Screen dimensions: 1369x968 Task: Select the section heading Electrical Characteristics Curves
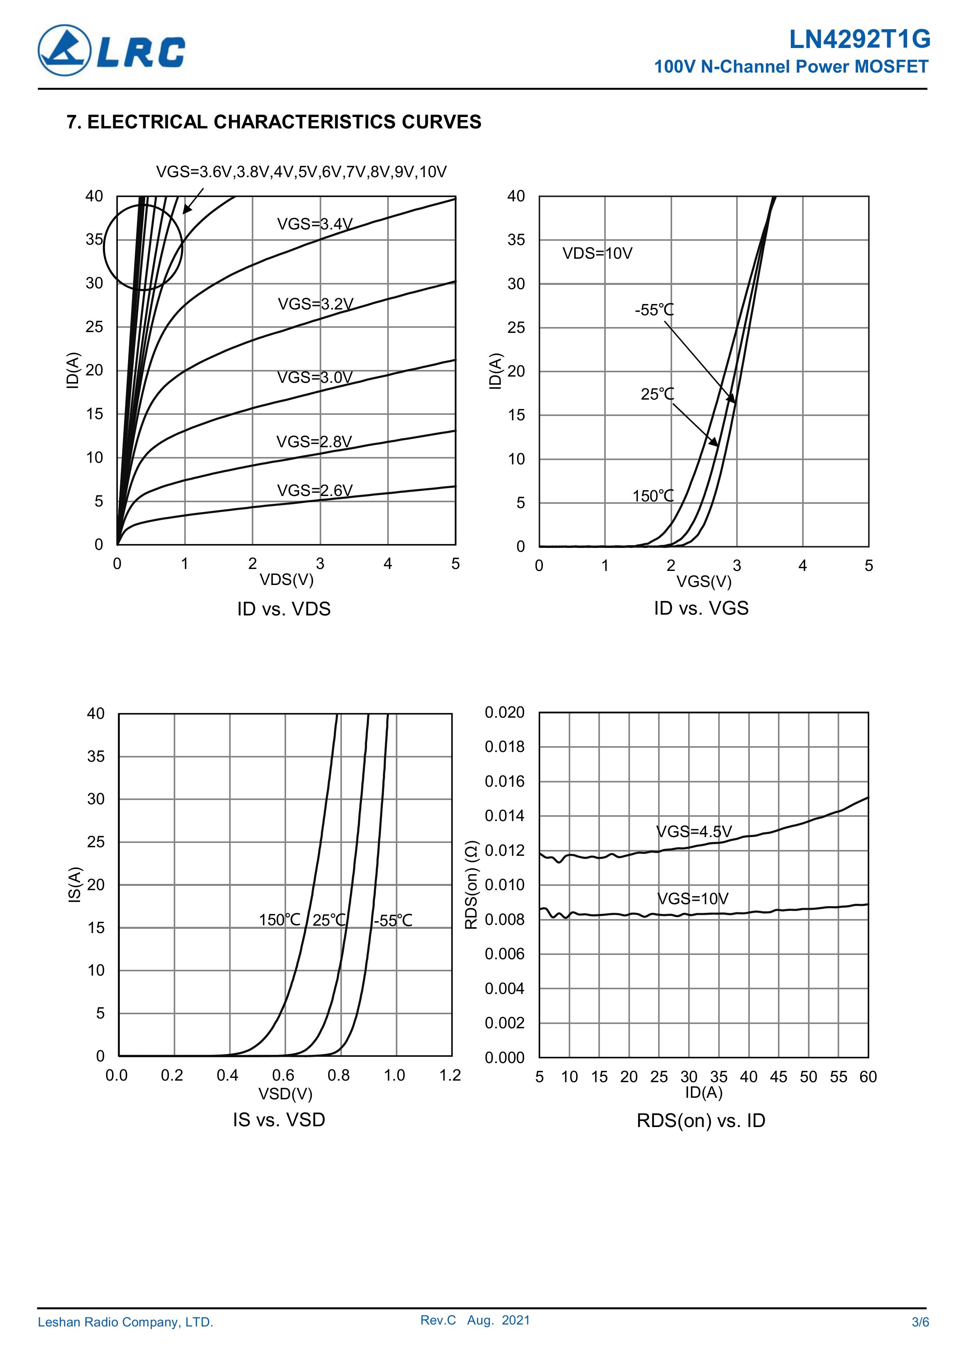pos(274,122)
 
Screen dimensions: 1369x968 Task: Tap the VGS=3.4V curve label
pos(315,224)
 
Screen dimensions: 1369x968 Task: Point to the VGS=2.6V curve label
pos(315,490)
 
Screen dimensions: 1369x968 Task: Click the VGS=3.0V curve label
pos(315,377)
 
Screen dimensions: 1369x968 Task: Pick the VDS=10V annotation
pos(597,253)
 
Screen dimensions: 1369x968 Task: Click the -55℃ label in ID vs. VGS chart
pos(654,310)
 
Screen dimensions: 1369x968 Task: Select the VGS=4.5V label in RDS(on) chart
pos(694,831)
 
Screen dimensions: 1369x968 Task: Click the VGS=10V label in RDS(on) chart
pos(693,899)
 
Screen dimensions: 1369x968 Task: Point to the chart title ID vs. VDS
pos(284,609)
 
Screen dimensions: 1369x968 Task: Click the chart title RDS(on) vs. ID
pos(701,1120)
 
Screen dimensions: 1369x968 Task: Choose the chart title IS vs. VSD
pos(279,1120)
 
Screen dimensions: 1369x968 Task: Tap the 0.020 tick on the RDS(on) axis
pos(505,713)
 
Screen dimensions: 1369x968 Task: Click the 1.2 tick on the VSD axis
pos(450,1075)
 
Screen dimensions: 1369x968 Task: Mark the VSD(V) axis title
pos(285,1093)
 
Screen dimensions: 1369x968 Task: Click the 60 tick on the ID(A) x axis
pos(868,1077)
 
